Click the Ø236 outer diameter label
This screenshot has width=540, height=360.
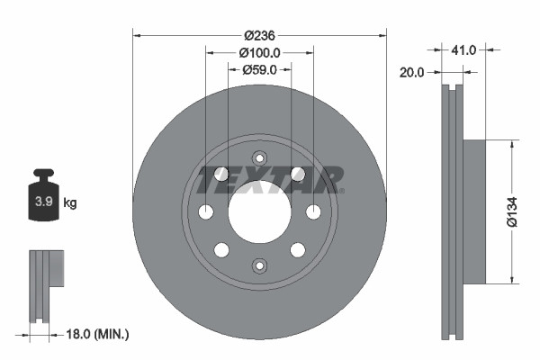click(x=260, y=35)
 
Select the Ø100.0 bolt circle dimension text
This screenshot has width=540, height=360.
click(x=260, y=52)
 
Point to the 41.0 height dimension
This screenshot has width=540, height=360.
click(x=463, y=50)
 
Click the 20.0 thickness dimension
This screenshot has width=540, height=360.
click(x=411, y=72)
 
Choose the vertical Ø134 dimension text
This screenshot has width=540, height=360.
click(x=512, y=210)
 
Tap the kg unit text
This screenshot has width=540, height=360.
click(x=69, y=203)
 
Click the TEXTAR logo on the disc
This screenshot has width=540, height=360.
click(x=269, y=178)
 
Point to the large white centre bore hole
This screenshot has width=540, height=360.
click(x=259, y=211)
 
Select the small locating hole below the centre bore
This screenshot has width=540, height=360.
click(x=259, y=265)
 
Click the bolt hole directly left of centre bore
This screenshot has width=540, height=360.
click(x=205, y=211)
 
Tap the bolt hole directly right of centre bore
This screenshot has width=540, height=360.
click(x=313, y=211)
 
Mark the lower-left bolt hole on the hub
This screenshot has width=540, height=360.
click(x=221, y=249)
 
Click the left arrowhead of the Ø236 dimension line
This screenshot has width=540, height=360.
click(x=137, y=35)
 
